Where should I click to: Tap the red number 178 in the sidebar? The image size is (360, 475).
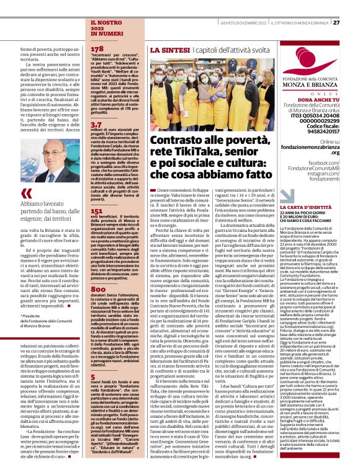tap(97, 48)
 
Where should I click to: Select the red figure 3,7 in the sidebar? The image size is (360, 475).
tap(96, 124)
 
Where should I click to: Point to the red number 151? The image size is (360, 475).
tap(96, 211)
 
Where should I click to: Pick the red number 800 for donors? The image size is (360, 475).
tap(97, 290)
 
